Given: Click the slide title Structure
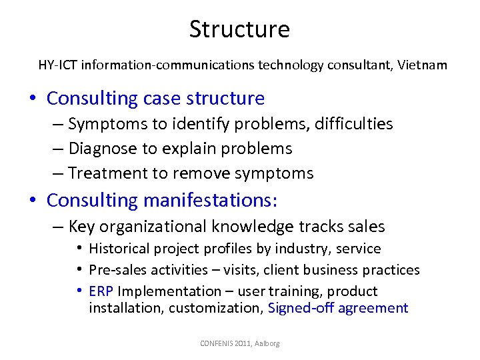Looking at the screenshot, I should pyautogui.click(x=239, y=29).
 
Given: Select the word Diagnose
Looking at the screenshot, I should pyautogui.click(x=99, y=148).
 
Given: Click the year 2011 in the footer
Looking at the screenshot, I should pyautogui.click(x=241, y=343).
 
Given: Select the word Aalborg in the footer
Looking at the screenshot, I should pyautogui.click(x=267, y=343).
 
